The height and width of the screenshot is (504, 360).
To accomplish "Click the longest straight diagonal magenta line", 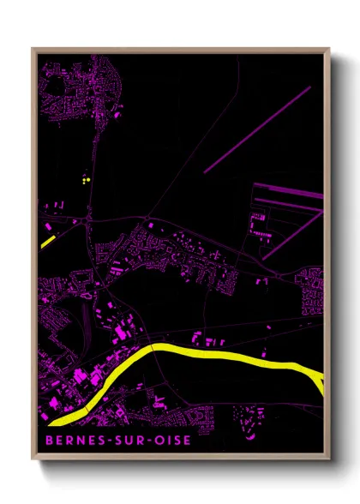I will (x=257, y=129).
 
